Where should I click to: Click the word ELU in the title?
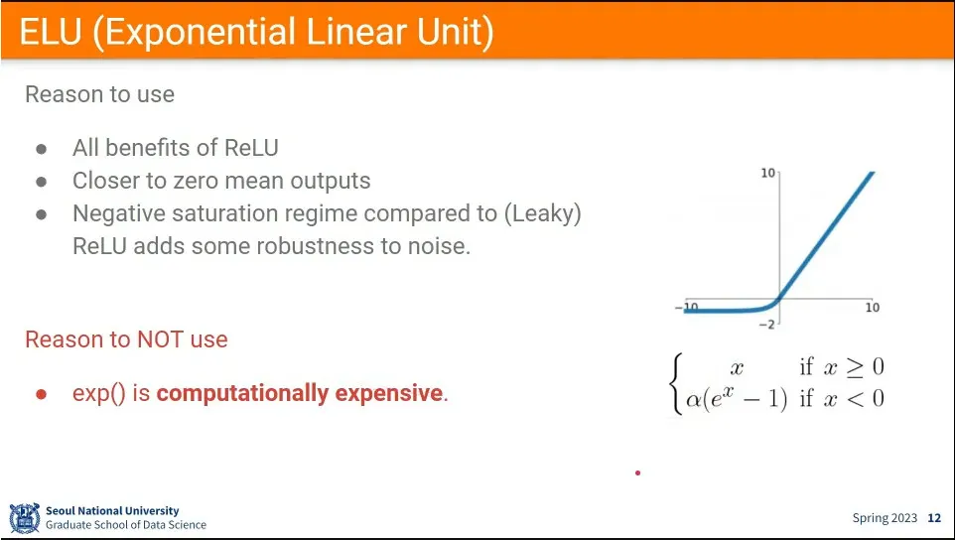coord(50,32)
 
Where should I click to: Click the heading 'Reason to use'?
coord(100,94)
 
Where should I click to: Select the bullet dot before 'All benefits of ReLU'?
coord(42,149)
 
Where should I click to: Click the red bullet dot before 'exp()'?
coord(42,394)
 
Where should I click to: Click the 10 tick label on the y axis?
coord(768,174)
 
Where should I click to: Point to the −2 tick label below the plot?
coord(766,325)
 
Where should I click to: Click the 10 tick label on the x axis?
coord(873,308)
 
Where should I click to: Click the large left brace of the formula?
coord(675,383)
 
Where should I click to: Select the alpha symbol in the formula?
coord(694,400)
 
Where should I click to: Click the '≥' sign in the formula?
coord(854,367)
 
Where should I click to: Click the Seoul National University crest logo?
coord(25,518)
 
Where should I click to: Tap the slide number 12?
coord(934,518)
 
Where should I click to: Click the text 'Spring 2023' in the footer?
coord(885,519)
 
